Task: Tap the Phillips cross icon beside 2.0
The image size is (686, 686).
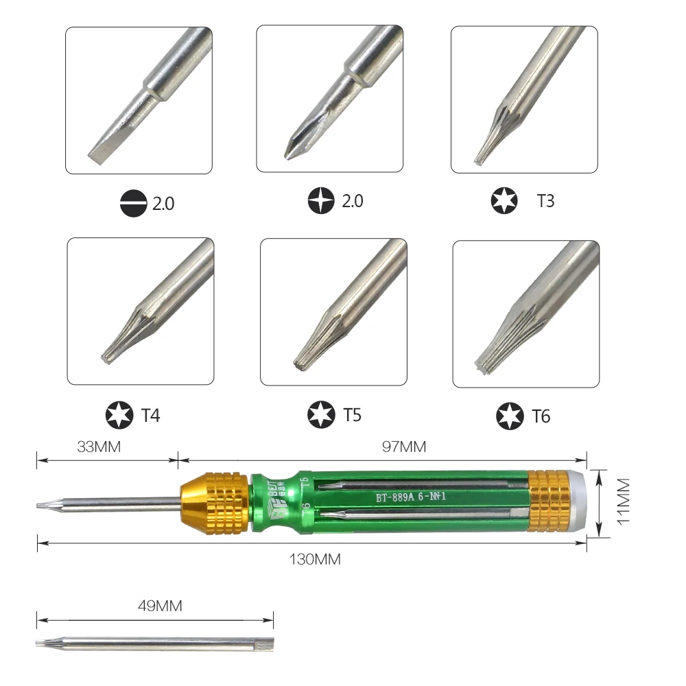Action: pos(322,201)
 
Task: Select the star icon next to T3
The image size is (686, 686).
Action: pos(506,201)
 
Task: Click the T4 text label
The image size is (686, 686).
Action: pos(151,415)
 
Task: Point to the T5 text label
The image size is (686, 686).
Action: pos(352,414)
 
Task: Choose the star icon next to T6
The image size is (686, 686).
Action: pos(510,416)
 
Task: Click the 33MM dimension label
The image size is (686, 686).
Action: pos(99,447)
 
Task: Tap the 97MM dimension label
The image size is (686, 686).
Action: pos(403,447)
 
